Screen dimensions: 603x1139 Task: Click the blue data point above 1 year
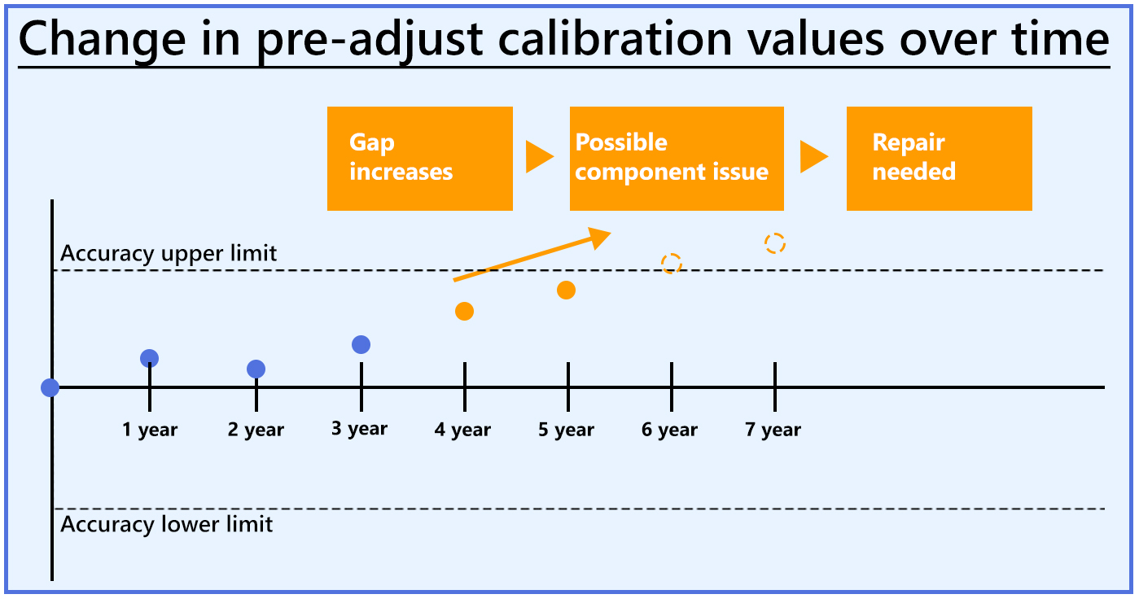(x=149, y=358)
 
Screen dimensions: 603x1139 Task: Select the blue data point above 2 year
(x=256, y=369)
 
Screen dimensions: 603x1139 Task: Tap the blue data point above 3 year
(x=361, y=345)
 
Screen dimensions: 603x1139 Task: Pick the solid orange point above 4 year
(x=464, y=311)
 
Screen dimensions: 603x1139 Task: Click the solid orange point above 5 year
(x=567, y=291)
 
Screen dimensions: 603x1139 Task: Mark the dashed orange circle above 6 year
(x=671, y=263)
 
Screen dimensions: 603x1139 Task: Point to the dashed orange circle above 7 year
(x=775, y=243)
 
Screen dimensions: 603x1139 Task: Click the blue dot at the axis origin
(x=50, y=387)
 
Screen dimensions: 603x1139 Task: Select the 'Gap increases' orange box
(x=419, y=159)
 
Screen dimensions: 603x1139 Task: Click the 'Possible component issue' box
(x=676, y=159)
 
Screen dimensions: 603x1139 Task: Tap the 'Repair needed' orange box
(x=939, y=159)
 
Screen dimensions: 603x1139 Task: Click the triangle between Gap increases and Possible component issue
(x=539, y=157)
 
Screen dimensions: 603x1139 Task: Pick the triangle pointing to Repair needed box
(x=813, y=157)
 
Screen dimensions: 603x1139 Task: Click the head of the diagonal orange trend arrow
(x=601, y=235)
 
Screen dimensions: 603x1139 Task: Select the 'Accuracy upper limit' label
(x=169, y=254)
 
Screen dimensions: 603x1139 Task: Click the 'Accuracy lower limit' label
(x=167, y=523)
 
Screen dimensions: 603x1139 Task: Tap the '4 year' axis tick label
(x=462, y=430)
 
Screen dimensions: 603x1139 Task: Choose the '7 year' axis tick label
(x=773, y=430)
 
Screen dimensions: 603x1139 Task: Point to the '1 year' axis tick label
(x=150, y=430)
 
